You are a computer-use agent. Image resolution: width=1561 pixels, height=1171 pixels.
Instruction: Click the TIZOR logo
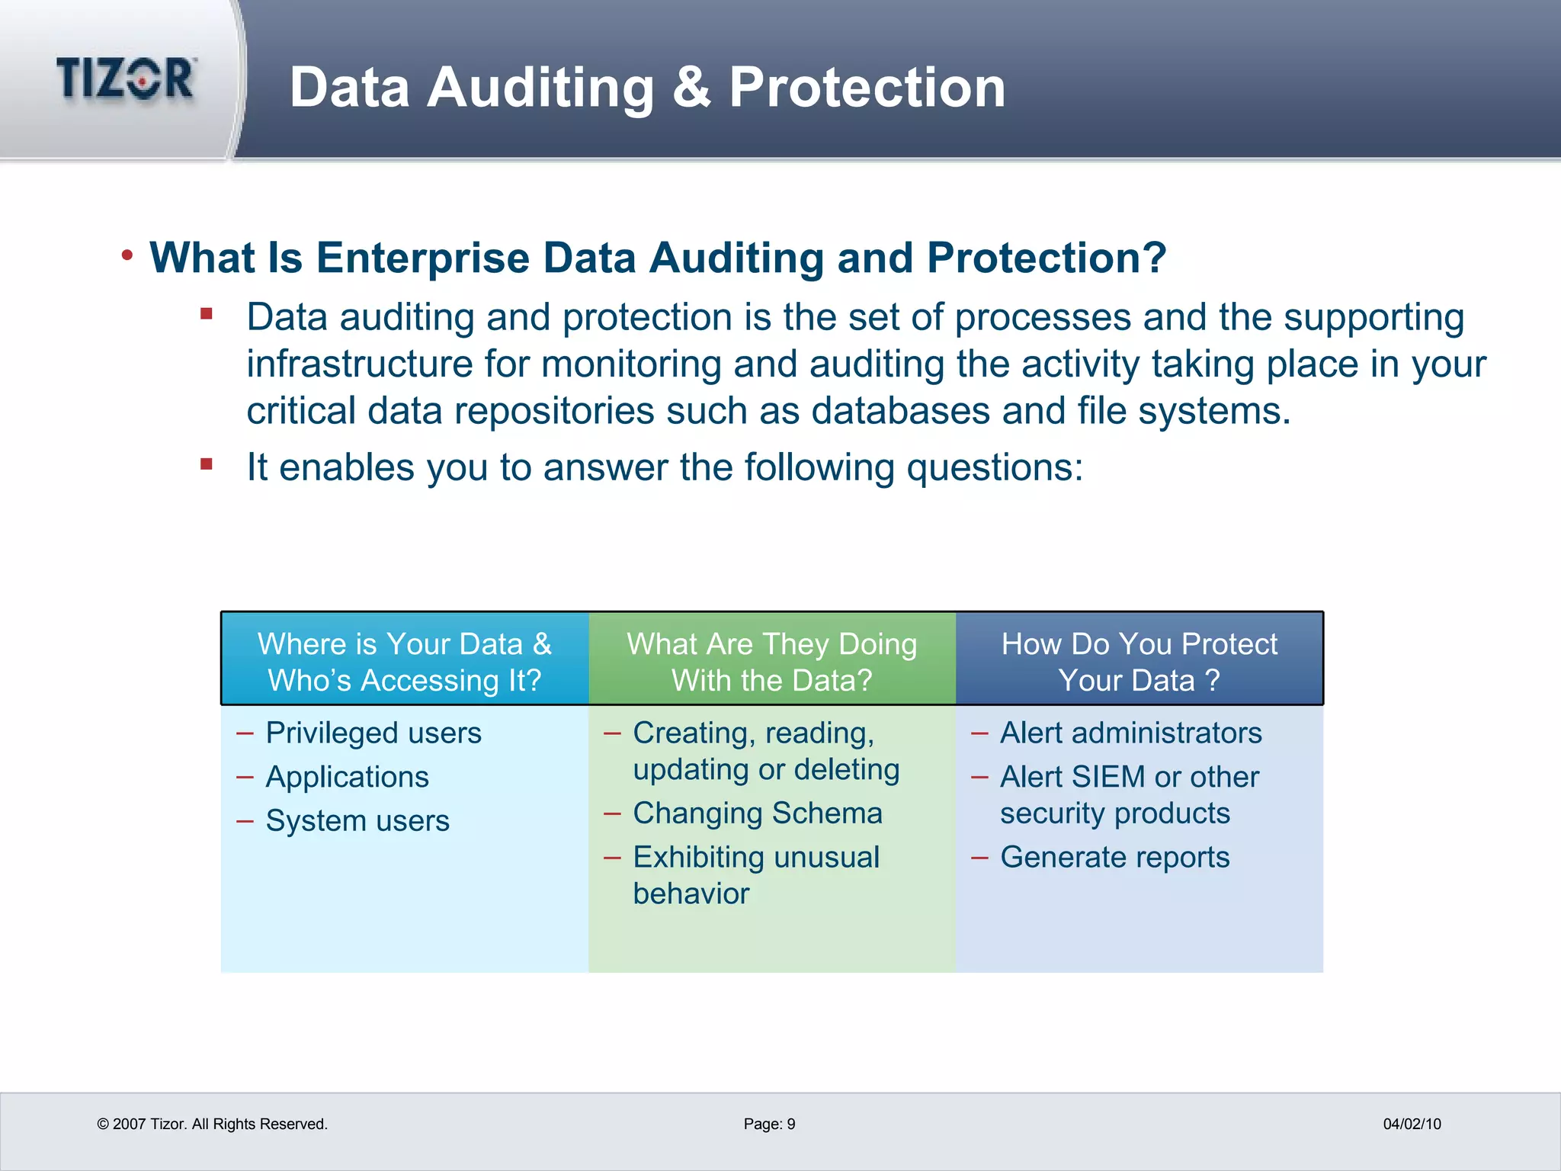pos(126,79)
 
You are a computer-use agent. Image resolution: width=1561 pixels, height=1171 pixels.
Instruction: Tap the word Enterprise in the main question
pos(423,258)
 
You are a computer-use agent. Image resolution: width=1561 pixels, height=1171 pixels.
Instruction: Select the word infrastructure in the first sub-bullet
pos(359,364)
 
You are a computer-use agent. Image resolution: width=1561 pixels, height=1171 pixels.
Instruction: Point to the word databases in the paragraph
pos(900,411)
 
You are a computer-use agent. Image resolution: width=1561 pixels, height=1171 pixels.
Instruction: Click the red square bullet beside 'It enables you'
pos(207,464)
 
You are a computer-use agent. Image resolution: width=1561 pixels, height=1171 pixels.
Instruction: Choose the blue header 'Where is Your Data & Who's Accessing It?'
pos(405,661)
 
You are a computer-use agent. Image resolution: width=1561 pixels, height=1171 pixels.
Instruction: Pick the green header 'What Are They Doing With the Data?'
pos(771,661)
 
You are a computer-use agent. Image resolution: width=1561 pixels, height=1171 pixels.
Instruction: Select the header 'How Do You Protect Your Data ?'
pos(1139,661)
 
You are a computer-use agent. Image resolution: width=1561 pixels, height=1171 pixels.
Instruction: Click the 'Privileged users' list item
pos(373,733)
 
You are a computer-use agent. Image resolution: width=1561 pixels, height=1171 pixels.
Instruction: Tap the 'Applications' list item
pos(347,777)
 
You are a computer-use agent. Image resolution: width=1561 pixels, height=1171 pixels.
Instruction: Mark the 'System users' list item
pos(357,821)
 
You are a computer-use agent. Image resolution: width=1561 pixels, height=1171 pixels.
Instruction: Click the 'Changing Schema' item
pos(758,813)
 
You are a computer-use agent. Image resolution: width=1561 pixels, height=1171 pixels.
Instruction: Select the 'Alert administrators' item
pos(1131,733)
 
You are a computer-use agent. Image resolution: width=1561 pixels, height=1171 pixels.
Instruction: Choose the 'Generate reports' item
pos(1115,857)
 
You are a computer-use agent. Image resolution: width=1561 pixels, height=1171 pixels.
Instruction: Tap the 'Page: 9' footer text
pos(769,1124)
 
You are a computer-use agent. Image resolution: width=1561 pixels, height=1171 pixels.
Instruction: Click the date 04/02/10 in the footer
pos(1412,1124)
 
